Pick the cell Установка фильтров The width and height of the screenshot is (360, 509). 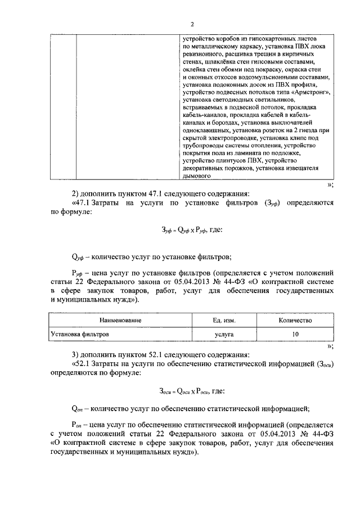tap(80, 334)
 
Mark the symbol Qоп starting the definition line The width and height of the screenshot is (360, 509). tap(78, 409)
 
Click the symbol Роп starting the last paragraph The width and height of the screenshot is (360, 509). tap(78, 425)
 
